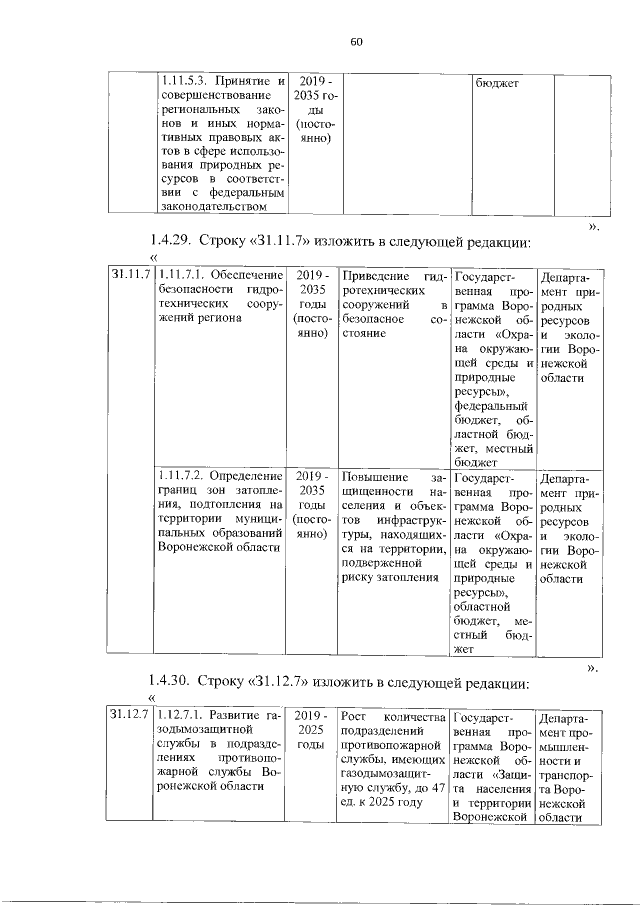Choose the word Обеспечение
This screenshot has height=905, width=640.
[248, 275]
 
